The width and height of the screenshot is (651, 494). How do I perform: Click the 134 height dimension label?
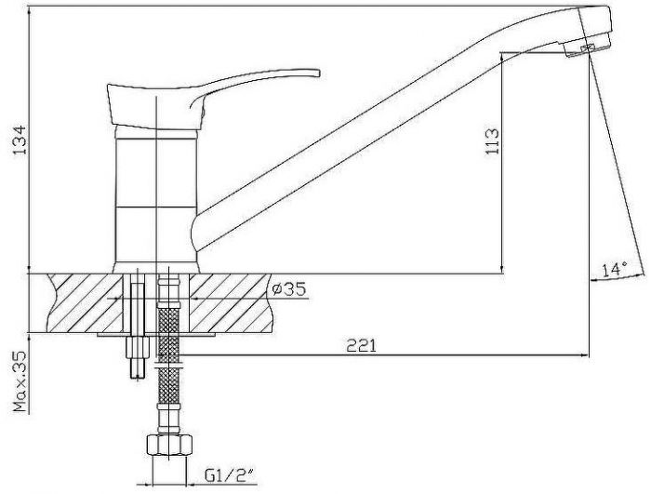click(20, 140)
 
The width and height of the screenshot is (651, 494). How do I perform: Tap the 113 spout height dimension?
click(492, 141)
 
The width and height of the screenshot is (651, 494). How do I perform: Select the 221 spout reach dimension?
click(361, 345)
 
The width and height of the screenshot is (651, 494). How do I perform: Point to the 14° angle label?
click(615, 270)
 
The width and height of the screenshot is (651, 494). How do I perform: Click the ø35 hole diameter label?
click(289, 288)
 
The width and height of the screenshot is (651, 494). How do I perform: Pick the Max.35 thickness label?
click(20, 381)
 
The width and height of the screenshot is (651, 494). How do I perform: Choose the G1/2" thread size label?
click(229, 475)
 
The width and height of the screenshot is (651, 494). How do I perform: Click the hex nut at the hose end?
click(169, 446)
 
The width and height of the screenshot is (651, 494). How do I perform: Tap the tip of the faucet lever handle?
click(318, 73)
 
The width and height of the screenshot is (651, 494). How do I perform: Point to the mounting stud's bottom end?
click(137, 377)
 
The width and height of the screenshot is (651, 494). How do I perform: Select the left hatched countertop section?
click(86, 303)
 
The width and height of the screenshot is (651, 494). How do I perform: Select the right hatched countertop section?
click(230, 303)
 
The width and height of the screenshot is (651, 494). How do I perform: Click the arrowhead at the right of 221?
click(585, 355)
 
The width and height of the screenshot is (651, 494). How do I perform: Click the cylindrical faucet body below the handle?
click(155, 199)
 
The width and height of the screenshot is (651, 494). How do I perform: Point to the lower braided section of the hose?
click(169, 385)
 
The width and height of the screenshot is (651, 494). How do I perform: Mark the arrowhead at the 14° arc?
click(594, 280)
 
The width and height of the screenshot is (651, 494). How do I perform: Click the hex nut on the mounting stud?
click(137, 346)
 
